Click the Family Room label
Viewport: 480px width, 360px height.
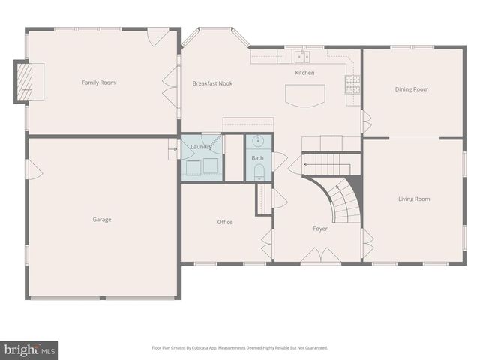tap(98, 82)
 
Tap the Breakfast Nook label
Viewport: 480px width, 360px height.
tap(212, 83)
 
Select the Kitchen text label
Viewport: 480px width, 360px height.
tap(304, 73)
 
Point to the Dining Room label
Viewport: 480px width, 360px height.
tap(412, 89)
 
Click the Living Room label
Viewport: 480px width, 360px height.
tap(414, 199)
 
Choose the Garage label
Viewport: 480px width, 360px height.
tap(102, 220)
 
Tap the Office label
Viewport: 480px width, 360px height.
tap(225, 222)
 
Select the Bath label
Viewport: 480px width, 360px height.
tap(257, 158)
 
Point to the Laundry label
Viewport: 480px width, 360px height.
tap(201, 147)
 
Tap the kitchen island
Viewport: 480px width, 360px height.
tap(304, 94)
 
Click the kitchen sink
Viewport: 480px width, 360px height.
tap(301, 56)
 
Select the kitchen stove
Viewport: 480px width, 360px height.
tap(352, 83)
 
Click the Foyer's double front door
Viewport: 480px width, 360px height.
tap(322, 256)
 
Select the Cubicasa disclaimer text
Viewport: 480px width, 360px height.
tap(240, 348)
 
